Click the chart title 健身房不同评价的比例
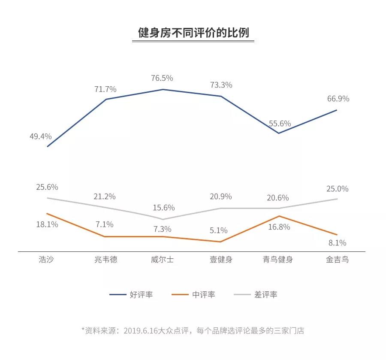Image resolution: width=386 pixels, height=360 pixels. pos(193,33)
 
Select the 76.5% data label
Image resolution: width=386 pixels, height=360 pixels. pos(162,78)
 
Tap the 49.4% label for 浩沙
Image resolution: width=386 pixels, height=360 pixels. pos(41,136)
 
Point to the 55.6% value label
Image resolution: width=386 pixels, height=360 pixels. pos(280,124)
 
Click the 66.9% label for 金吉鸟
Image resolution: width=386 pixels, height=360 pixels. pos(338,99)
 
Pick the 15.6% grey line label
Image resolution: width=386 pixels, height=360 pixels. pos(164,208)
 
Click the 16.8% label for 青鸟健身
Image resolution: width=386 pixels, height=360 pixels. pos(279,227)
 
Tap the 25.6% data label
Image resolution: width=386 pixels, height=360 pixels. pos(47,187)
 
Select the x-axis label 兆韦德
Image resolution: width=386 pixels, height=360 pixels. pos(106,260)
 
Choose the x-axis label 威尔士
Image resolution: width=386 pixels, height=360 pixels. pos(163,260)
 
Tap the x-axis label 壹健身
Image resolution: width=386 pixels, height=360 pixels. pos(221,260)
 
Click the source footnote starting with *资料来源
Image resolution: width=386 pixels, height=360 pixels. pos(193,331)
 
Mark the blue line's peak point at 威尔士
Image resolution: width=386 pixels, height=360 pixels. pos(163,89)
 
